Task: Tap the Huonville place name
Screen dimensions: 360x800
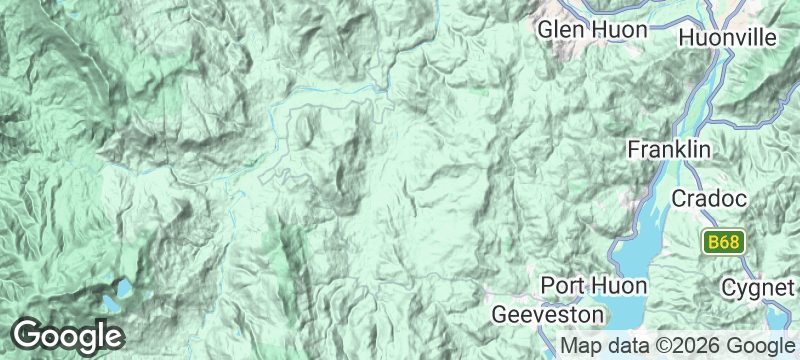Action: (x=727, y=37)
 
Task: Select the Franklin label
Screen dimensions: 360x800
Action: (x=669, y=150)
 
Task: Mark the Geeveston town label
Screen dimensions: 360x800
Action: (x=549, y=314)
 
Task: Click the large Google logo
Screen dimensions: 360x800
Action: (x=68, y=335)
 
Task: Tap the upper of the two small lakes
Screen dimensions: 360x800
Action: (x=123, y=288)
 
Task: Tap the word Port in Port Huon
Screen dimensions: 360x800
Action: (x=561, y=285)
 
